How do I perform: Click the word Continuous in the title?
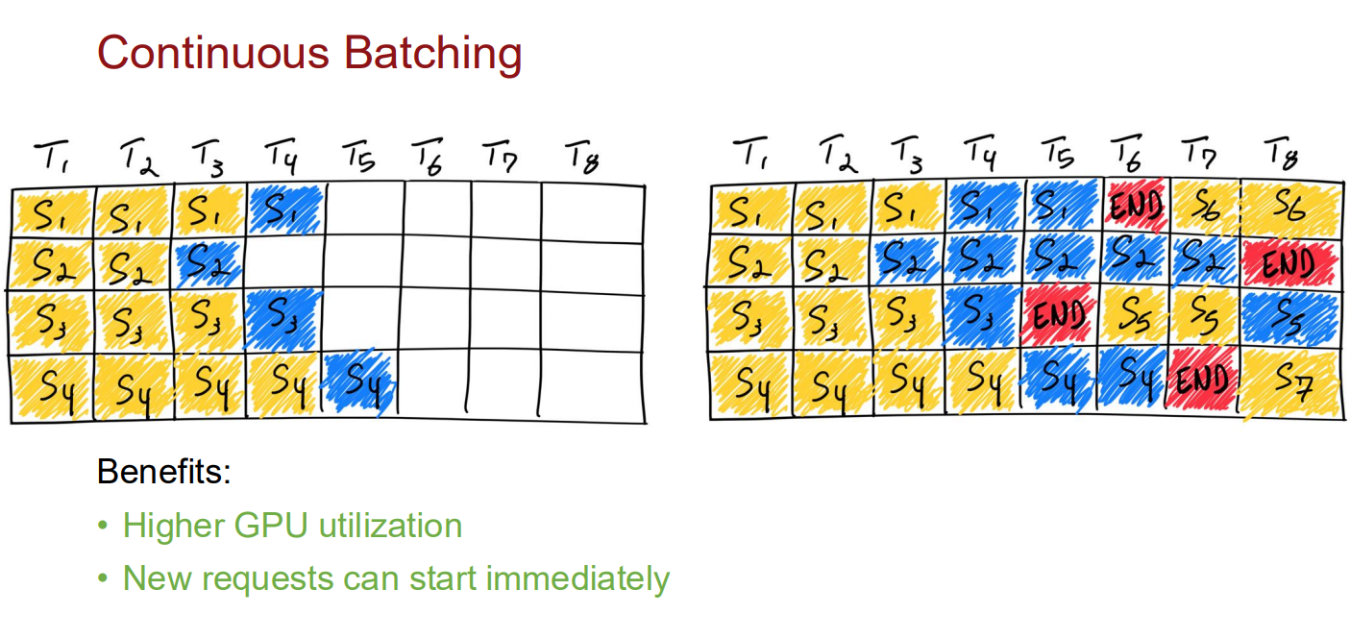point(212,53)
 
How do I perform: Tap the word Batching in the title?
point(432,54)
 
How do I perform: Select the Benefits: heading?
point(164,471)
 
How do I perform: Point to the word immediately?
point(577,578)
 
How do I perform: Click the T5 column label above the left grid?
point(359,157)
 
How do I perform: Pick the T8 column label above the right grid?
point(1281,155)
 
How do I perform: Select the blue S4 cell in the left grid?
point(359,381)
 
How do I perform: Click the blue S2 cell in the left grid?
point(209,263)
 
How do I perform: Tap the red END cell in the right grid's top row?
point(1136,206)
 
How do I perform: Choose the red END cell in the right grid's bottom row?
point(1201,381)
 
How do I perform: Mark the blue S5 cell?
point(1291,319)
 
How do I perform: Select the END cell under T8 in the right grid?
point(1291,263)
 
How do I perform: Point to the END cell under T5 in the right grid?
point(1060,314)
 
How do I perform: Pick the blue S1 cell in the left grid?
point(284,209)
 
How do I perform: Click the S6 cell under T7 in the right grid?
point(1205,208)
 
